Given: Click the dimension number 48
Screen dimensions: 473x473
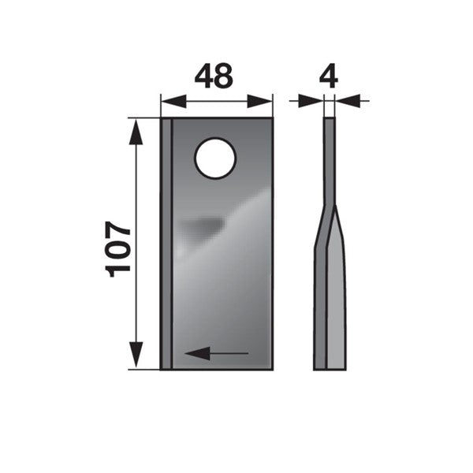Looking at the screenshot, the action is [x=214, y=76].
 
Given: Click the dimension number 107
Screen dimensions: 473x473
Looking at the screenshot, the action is [x=117, y=249].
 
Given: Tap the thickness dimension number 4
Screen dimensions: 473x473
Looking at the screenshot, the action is [x=329, y=76].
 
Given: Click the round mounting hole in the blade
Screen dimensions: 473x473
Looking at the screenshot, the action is [x=215, y=158].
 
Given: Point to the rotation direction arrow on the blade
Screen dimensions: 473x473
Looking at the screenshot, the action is [x=216, y=353].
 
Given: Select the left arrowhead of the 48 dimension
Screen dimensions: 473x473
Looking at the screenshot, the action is [x=173, y=102].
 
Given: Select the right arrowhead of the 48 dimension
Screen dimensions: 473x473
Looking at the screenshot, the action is [x=259, y=102].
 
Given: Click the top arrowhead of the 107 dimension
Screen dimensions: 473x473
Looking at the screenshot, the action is [x=136, y=132].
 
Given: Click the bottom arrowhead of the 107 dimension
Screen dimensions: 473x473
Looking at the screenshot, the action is [x=136, y=355].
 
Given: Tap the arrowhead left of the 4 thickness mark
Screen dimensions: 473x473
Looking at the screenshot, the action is [x=311, y=101].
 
